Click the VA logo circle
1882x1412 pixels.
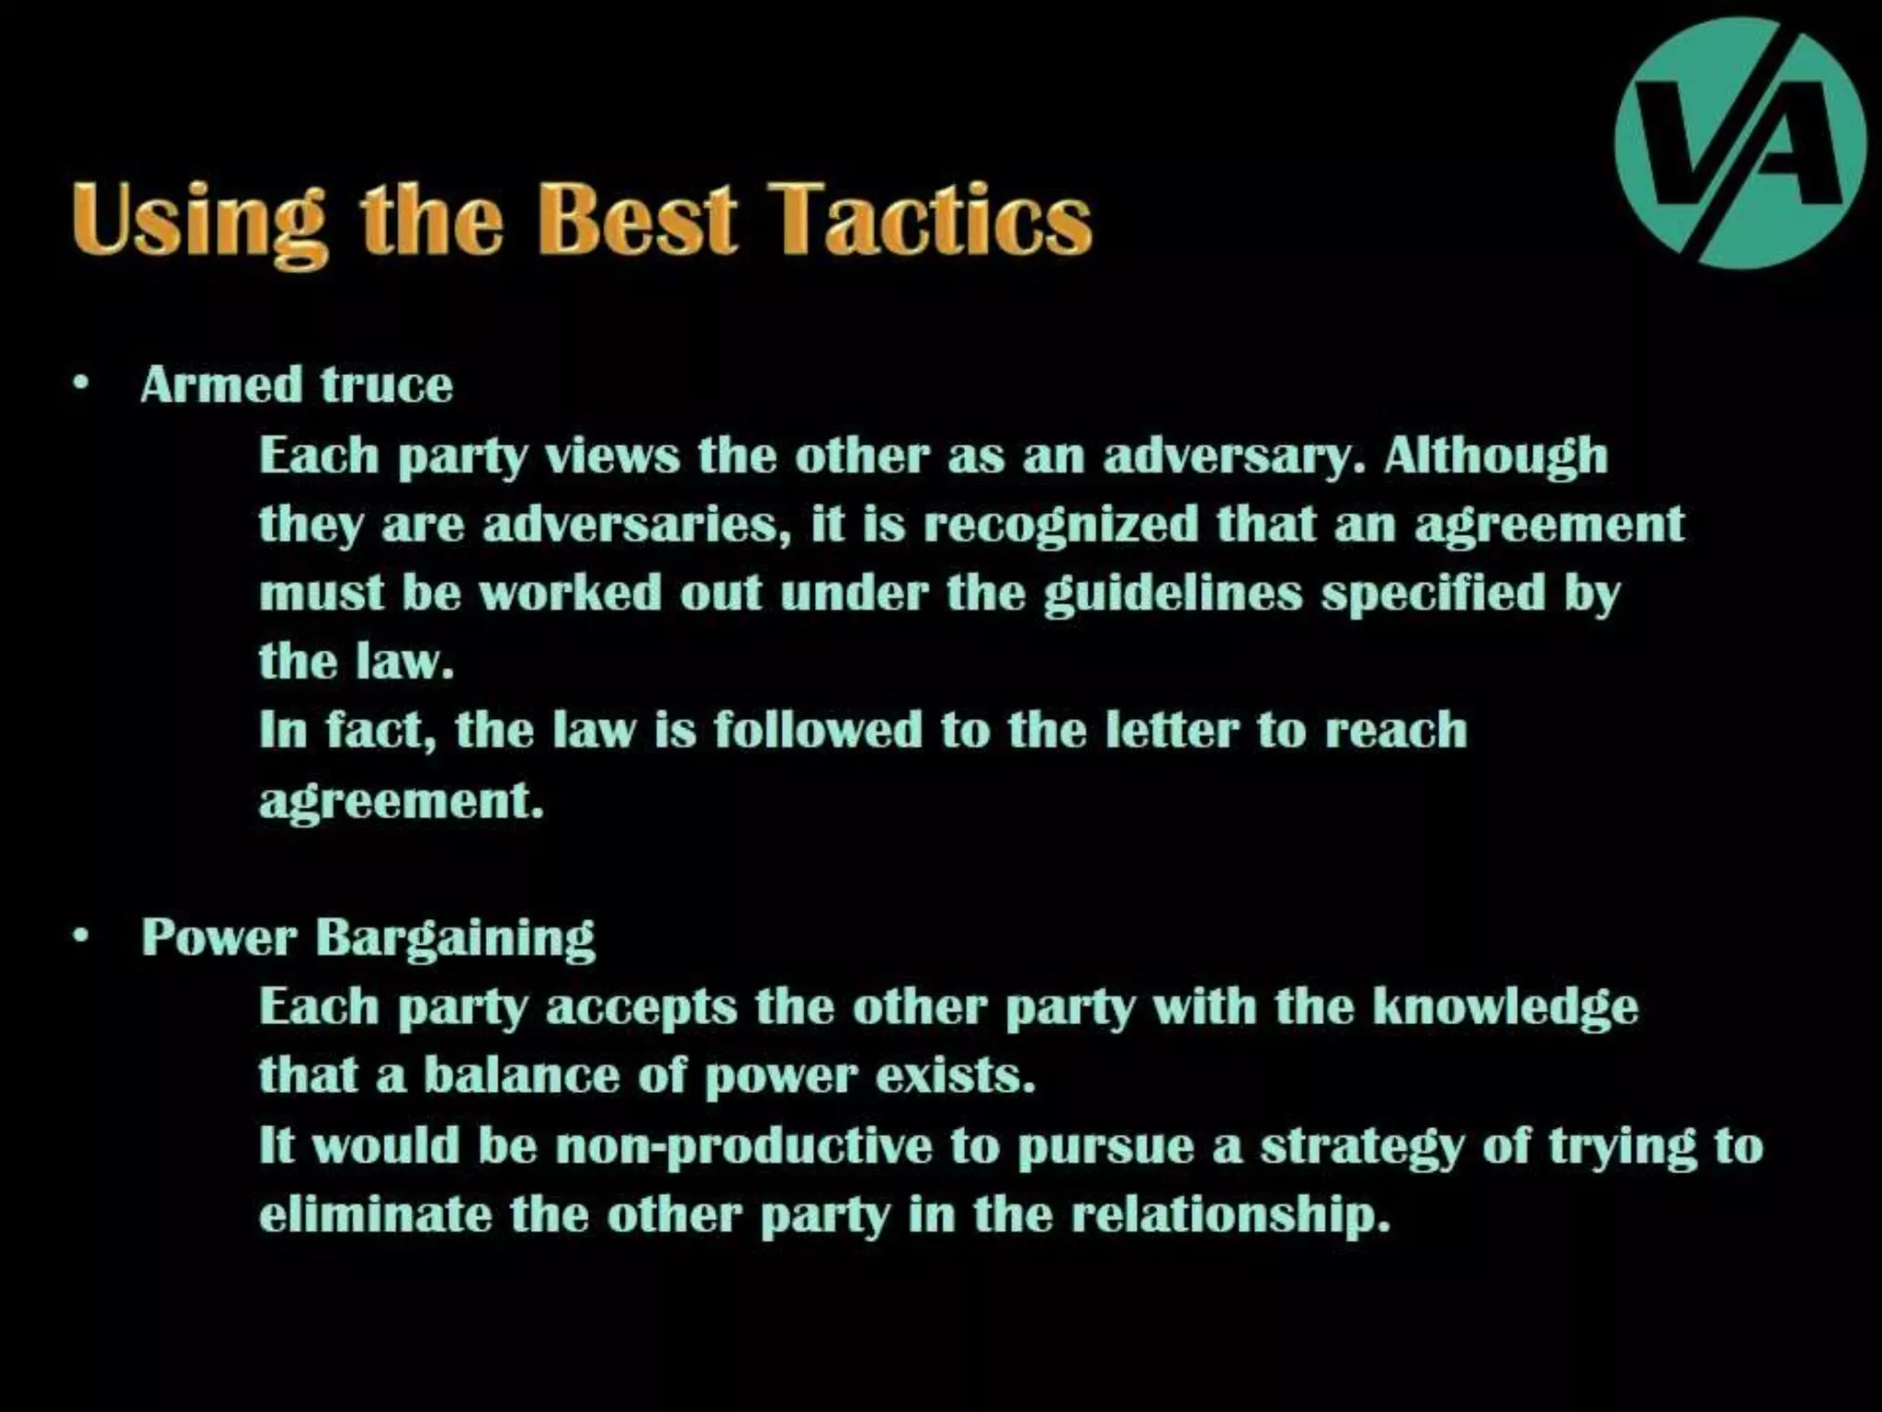pyautogui.click(x=1740, y=142)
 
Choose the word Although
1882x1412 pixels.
pyautogui.click(x=1495, y=456)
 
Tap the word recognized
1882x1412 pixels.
pyautogui.click(x=1060, y=524)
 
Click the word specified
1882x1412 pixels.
pyautogui.click(x=1434, y=593)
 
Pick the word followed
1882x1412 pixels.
pyautogui.click(x=817, y=730)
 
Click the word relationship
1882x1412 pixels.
pyautogui.click(x=1230, y=1215)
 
